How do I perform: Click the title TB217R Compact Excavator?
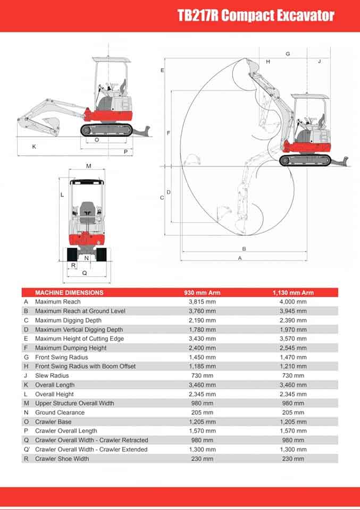256,15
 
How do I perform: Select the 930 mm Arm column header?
202,292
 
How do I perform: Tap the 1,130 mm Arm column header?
293,292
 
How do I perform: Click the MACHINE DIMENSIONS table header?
69,292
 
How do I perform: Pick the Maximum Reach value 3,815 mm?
202,302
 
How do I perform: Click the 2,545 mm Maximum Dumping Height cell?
293,348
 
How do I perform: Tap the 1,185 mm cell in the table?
202,366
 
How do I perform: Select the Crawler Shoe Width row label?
62,458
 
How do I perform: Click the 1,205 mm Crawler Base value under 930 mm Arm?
202,422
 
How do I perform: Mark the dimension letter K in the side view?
34,146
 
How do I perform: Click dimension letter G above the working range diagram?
288,54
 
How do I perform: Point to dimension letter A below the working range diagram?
240,258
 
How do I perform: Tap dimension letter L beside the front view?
62,194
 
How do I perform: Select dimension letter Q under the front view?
84,273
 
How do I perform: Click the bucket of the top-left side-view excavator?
51,125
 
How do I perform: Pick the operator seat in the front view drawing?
87,209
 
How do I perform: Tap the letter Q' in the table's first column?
27,449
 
